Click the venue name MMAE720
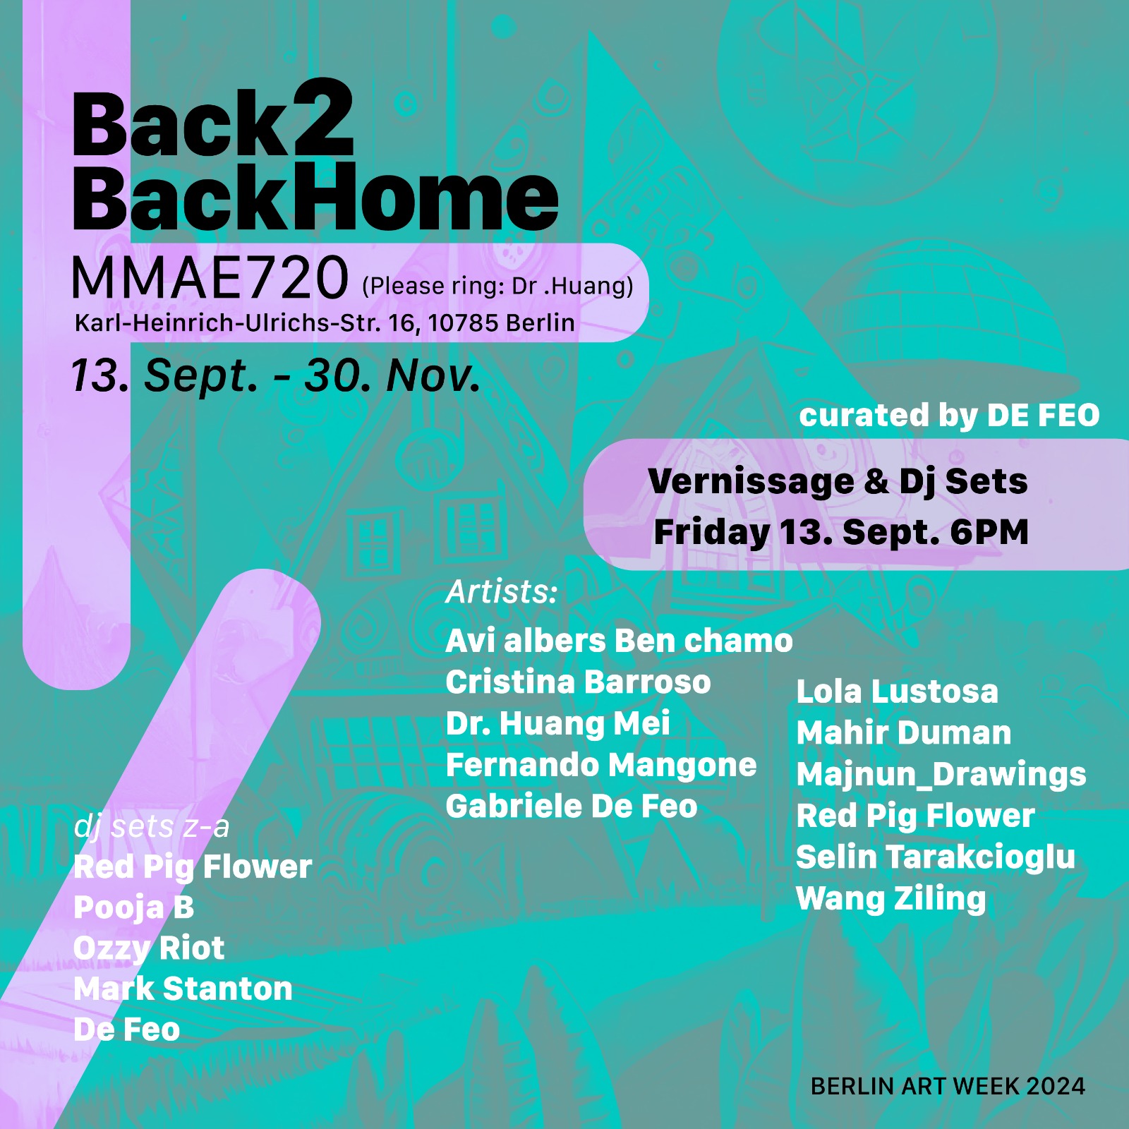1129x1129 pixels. click(210, 277)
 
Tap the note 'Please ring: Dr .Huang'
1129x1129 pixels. click(497, 286)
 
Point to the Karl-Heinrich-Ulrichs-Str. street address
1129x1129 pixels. click(325, 323)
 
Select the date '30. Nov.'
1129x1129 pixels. click(392, 375)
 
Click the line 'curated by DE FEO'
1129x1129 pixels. click(949, 416)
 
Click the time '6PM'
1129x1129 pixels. click(989, 532)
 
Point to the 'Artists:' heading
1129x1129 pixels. click(502, 591)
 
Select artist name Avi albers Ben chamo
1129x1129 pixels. click(620, 641)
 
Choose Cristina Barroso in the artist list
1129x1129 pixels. click(579, 682)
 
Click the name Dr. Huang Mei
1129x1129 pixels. click(558, 724)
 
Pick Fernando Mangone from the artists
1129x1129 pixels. click(601, 766)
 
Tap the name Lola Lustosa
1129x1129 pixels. click(898, 692)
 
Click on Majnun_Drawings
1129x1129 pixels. click(941, 775)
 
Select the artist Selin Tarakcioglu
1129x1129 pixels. click(936, 857)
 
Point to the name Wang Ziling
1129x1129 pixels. click(891, 899)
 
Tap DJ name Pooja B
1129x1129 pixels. click(134, 907)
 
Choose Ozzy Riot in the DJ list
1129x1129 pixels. click(149, 948)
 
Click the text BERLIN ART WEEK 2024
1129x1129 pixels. click(948, 1087)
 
